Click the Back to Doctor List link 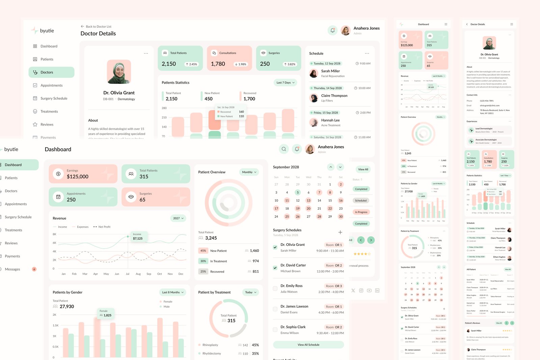[96, 26]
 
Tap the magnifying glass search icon [284, 149]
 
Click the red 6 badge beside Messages [34, 269]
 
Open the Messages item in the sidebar [12, 269]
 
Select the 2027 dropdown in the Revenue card [178, 218]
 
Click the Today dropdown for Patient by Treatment [250, 292]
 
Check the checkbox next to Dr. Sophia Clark [275, 330]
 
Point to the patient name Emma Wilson [290, 333]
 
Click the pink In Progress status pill [361, 212]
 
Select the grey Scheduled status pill [361, 201]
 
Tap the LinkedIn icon [377, 290]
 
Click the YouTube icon [369, 290]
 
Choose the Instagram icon [361, 290]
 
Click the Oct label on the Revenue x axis [160, 274]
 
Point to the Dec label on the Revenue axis [181, 274]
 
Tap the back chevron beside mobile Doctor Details [467, 24]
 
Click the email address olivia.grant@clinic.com [490, 105]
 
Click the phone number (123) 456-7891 [487, 101]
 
